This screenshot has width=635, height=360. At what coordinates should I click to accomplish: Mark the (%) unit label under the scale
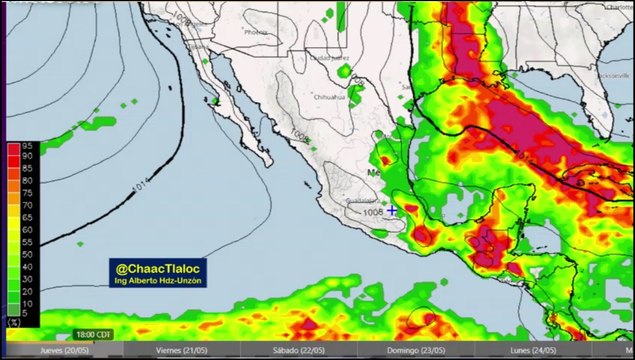click(x=13, y=324)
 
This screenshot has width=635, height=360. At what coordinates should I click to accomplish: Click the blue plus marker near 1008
click(x=392, y=211)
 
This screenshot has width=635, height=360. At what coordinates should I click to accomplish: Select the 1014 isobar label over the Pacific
click(x=140, y=187)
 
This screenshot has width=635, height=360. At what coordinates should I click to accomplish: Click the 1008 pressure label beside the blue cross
click(x=373, y=212)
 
